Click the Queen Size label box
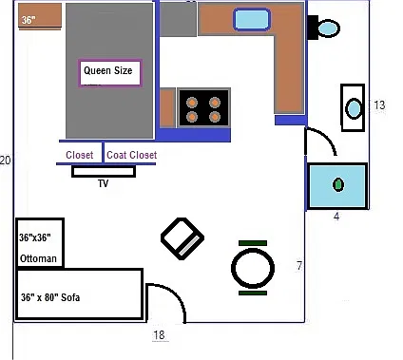pyautogui.click(x=109, y=73)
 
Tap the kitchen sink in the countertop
pyautogui.click(x=252, y=20)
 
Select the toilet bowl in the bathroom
pyautogui.click(x=329, y=28)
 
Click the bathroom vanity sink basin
pyautogui.click(x=354, y=108)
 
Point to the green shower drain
pyautogui.click(x=338, y=184)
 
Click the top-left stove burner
pyautogui.click(x=192, y=103)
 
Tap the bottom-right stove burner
pyautogui.click(x=215, y=117)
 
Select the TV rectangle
pyautogui.click(x=104, y=171)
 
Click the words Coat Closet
pyautogui.click(x=132, y=155)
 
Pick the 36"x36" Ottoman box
pyautogui.click(x=40, y=243)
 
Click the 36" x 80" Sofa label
pyautogui.click(x=50, y=297)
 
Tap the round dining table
pyautogui.click(x=253, y=268)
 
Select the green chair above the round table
pyautogui.click(x=253, y=243)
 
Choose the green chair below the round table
pyautogui.click(x=253, y=294)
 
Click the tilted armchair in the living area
pyautogui.click(x=182, y=238)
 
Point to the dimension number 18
pyautogui.click(x=159, y=335)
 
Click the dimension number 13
pyautogui.click(x=379, y=104)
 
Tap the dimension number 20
pyautogui.click(x=5, y=161)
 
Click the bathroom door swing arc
pyautogui.click(x=328, y=136)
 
